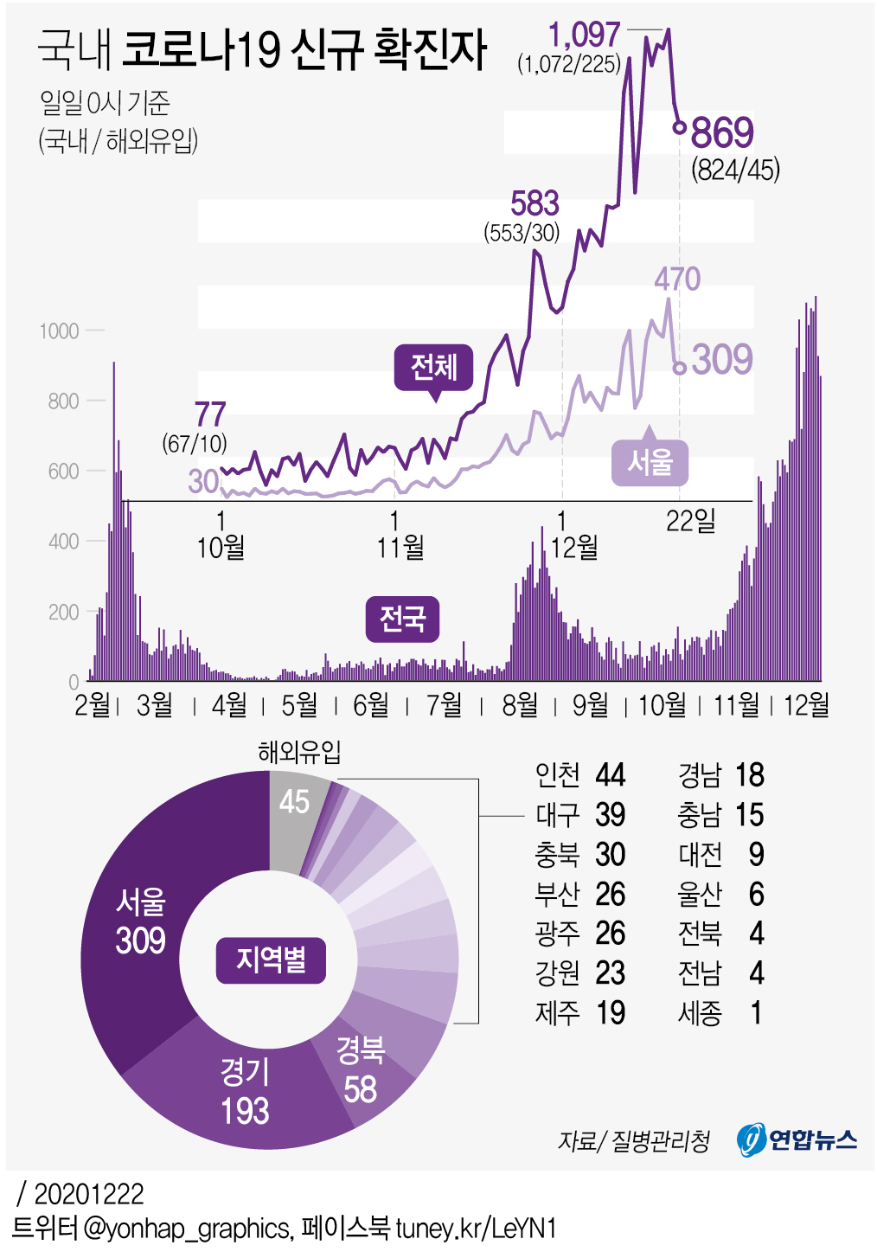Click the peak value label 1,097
(x=584, y=35)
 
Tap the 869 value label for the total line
(x=722, y=133)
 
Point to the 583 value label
(x=535, y=204)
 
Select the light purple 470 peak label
(x=676, y=279)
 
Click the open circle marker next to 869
(x=680, y=128)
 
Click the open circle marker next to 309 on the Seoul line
(x=680, y=368)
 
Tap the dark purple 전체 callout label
(x=433, y=368)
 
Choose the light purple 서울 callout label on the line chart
(x=650, y=462)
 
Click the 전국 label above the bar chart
(x=402, y=619)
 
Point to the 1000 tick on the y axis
(x=59, y=331)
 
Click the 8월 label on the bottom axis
(x=520, y=705)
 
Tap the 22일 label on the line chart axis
(x=690, y=521)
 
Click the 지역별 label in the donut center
(x=271, y=960)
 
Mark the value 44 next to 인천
(x=610, y=775)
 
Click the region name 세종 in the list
(x=700, y=1013)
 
